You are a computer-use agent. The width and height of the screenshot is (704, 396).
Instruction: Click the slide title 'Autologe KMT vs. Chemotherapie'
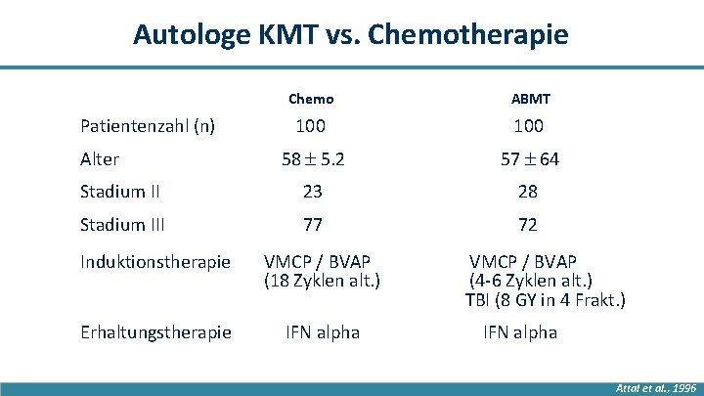[x=350, y=35]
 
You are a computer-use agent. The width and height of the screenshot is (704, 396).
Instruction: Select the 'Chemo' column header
[x=311, y=99]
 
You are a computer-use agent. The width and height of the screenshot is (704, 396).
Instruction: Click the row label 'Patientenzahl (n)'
[x=147, y=126]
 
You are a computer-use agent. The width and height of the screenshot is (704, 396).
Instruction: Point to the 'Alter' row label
[x=100, y=159]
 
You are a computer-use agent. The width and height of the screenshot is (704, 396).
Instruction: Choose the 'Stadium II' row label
[x=121, y=193]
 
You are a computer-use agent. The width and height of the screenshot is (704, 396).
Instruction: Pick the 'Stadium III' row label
[x=124, y=226]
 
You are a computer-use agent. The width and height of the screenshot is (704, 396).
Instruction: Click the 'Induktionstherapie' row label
[x=154, y=262]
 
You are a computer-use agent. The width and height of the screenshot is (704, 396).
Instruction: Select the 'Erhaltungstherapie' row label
[x=155, y=332]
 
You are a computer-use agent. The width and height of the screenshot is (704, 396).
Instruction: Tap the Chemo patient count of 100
[x=311, y=126]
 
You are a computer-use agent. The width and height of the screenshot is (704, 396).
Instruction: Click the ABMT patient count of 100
[x=527, y=126]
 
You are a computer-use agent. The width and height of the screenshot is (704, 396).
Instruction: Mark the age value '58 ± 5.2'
[x=311, y=159]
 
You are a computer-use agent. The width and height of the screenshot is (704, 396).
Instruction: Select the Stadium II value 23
[x=312, y=193]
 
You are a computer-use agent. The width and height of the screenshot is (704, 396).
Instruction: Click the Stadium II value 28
[x=527, y=193]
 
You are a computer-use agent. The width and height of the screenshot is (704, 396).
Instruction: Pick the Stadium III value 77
[x=312, y=226]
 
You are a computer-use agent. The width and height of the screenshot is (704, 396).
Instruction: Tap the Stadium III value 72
[x=527, y=226]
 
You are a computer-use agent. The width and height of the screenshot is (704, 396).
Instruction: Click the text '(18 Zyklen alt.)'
[x=322, y=281]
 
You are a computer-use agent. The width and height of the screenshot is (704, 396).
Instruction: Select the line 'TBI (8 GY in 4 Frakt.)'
[x=545, y=299]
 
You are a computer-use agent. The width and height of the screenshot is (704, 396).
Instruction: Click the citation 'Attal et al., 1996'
[x=655, y=388]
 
